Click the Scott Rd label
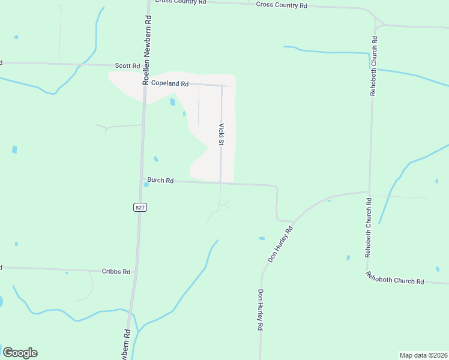click(x=127, y=65)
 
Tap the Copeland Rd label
click(x=170, y=83)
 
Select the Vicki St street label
click(x=221, y=135)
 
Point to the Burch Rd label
click(x=160, y=180)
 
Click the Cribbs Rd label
click(x=116, y=272)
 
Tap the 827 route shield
click(x=139, y=207)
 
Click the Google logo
click(x=20, y=353)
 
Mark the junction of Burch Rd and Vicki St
click(x=220, y=183)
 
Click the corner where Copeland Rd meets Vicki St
click(x=221, y=85)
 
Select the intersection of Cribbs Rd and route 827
click(x=135, y=271)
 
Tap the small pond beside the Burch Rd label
click(x=146, y=185)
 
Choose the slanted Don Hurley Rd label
click(x=280, y=244)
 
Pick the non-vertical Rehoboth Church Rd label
click(x=395, y=278)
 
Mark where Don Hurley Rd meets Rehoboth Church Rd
click(x=369, y=192)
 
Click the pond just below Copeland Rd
click(x=173, y=102)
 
